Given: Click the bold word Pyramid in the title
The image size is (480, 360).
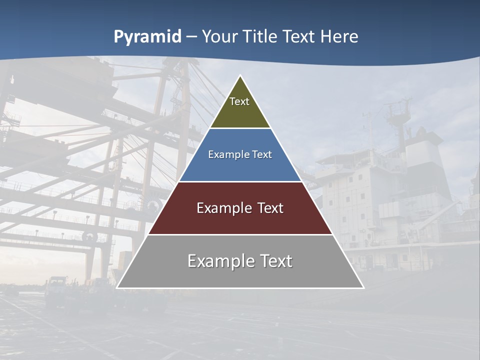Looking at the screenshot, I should coord(147,37).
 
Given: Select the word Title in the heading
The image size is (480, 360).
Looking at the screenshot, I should coord(259,37).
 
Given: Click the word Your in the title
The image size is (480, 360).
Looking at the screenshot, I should coord(219,37).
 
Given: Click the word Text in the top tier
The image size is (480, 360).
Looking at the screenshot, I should coord(239,101).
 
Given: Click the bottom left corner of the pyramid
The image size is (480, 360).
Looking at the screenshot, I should coord(117,287).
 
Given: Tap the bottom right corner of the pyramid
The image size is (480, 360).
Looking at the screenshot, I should coord(363,287).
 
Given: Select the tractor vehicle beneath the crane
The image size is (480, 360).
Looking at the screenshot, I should coord(57,292).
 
